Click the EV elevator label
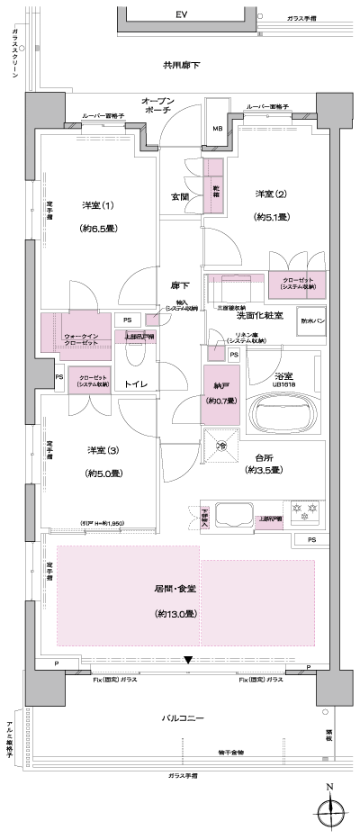[x=181, y=15]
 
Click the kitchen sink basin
[x=238, y=516]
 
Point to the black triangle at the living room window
[x=187, y=661]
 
